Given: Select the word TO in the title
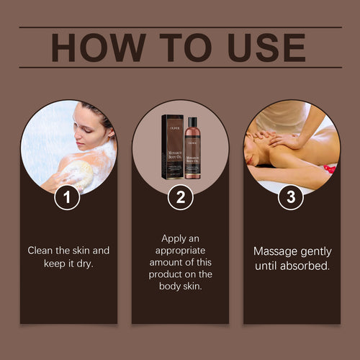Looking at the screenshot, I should tap(180, 48).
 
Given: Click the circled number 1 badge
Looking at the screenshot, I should tap(68, 198).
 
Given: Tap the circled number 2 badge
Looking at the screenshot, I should tap(180, 198).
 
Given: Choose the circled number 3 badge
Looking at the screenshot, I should tap(291, 198).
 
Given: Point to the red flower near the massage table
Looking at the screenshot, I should tap(330, 170).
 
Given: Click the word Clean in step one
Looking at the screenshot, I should tap(42, 251).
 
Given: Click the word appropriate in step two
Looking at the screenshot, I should tap(180, 250).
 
